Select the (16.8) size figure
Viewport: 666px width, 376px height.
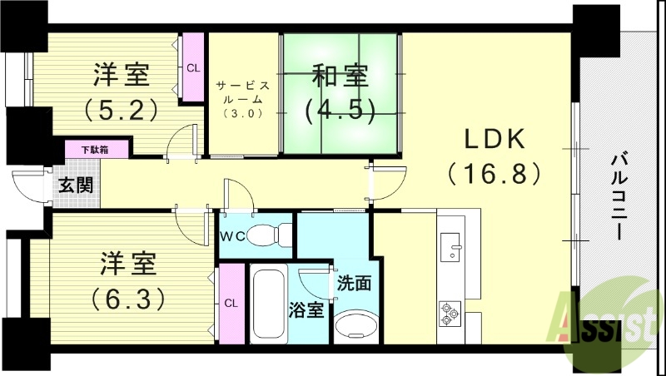click(495, 173)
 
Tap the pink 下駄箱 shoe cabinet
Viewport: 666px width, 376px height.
click(98, 149)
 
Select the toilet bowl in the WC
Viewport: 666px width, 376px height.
click(267, 235)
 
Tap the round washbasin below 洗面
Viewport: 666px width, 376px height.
click(355, 324)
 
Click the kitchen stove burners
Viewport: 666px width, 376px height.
click(450, 312)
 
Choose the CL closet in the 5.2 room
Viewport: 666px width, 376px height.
click(193, 67)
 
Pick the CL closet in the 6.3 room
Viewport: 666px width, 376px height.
click(231, 303)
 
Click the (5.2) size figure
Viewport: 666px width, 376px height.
click(122, 108)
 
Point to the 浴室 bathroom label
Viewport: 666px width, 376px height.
click(306, 310)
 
